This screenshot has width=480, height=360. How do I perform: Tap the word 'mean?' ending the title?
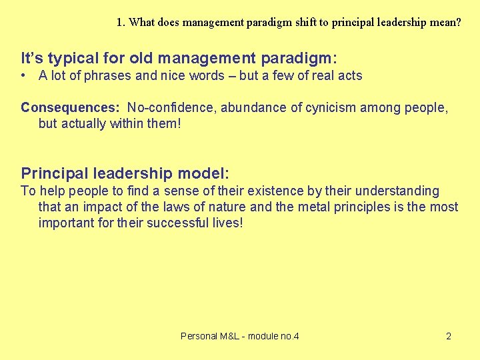[x=445, y=22]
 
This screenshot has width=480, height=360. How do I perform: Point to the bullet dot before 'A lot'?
[x=23, y=75]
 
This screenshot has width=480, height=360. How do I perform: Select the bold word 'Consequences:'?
[x=70, y=107]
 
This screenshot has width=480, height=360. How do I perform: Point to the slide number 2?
[x=449, y=336]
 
